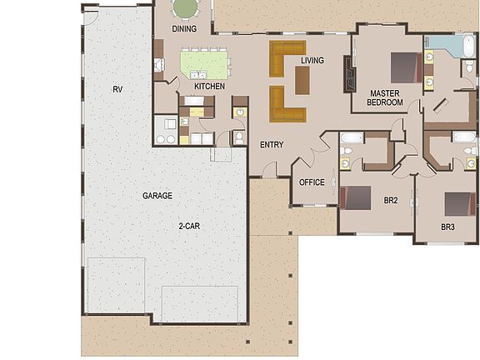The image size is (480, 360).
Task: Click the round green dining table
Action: click(185, 7)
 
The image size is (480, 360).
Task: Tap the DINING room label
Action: click(184, 29)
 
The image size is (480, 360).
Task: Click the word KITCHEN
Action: click(210, 86)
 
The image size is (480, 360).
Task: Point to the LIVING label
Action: click(312, 60)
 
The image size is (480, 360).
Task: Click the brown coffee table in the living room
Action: click(302, 79)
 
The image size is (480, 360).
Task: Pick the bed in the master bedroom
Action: click(402, 66)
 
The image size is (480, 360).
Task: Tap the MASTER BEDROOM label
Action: click(386, 97)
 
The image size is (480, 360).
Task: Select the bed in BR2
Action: click(357, 197)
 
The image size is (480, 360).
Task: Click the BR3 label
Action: click(448, 227)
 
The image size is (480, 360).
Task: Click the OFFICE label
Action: click(312, 182)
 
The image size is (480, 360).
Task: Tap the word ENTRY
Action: click(272, 145)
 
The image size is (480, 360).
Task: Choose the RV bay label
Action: click(118, 88)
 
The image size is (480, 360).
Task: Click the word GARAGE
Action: click(157, 196)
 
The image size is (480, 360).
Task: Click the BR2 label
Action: click(390, 202)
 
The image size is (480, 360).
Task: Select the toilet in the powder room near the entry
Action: click(239, 137)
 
